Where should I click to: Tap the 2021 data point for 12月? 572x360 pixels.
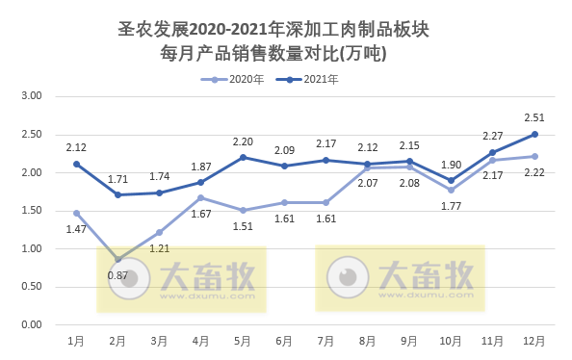tap(534, 134)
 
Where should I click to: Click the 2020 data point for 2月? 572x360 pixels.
tap(117, 259)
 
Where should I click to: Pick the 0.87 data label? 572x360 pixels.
tap(118, 275)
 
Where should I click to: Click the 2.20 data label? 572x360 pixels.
tap(243, 141)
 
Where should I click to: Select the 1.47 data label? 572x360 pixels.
tap(76, 229)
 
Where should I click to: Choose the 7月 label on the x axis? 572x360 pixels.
tap(326, 341)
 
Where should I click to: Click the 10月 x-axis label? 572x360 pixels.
tap(452, 341)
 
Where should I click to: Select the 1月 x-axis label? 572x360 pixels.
tap(76, 341)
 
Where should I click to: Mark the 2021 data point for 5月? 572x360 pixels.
tap(243, 157)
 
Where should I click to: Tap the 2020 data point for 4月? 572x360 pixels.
tap(201, 197)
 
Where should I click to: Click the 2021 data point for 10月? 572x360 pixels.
tap(452, 180)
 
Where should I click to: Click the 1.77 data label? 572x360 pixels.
tap(452, 204)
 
